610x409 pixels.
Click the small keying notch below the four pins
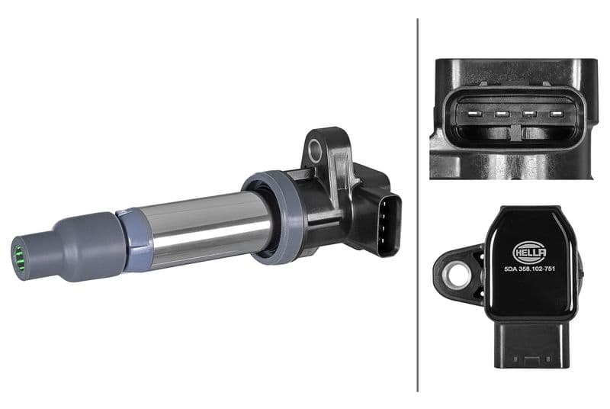[x=515, y=131]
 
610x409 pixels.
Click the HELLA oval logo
[x=528, y=251]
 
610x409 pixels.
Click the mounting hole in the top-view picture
[x=458, y=275]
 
